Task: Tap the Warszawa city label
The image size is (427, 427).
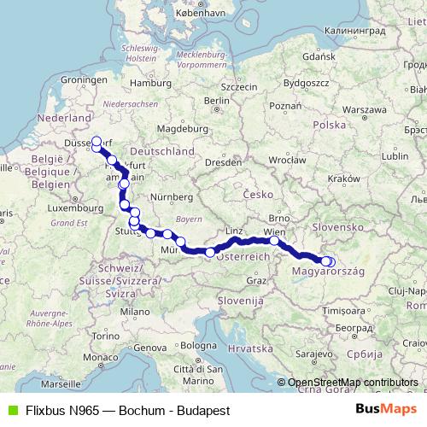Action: [367, 110]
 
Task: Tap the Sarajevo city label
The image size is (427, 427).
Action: [313, 354]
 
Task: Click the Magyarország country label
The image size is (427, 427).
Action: [329, 272]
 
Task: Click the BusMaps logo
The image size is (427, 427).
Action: [386, 409]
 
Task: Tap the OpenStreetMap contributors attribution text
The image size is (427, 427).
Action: [353, 382]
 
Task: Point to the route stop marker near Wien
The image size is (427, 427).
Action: [274, 242]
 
